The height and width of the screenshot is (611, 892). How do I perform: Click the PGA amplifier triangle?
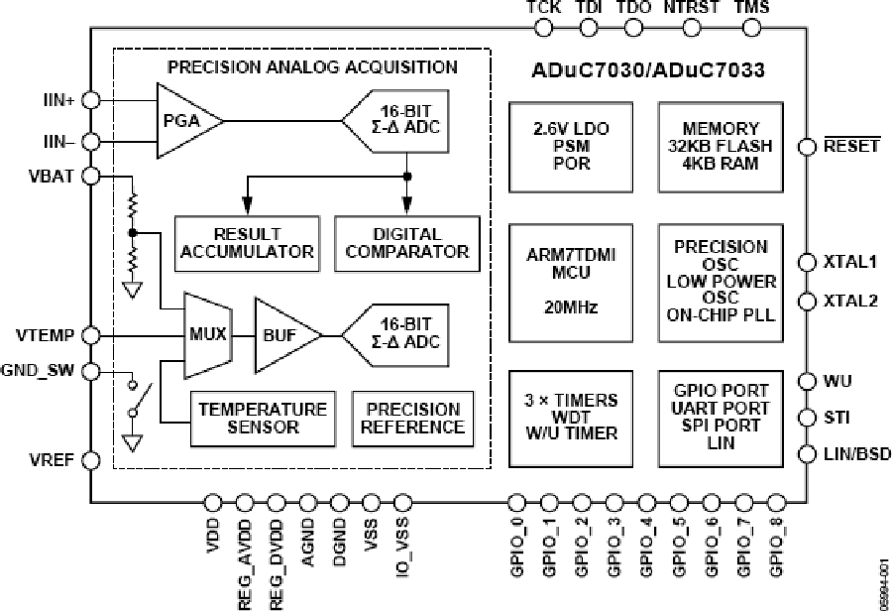coord(183,120)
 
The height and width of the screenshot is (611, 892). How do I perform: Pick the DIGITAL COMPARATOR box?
coord(407,242)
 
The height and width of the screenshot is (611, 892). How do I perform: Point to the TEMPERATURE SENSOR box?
coord(262,418)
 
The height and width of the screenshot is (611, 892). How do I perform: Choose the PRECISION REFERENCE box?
coord(413,418)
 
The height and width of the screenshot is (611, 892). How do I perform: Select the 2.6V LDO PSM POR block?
coord(570,145)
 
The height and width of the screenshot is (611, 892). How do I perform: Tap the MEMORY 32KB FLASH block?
coord(721,145)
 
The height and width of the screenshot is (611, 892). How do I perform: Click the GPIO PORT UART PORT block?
coord(721,418)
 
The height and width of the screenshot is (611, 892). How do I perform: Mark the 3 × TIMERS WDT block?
coord(570,418)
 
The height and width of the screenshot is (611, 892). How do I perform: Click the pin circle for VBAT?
coord(91,176)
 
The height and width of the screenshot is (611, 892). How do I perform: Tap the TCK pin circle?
coord(544,27)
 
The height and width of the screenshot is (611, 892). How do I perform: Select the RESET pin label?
coord(851,146)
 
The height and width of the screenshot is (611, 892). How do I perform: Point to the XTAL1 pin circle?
coord(807,262)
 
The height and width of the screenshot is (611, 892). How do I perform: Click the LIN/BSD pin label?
coord(855,454)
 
